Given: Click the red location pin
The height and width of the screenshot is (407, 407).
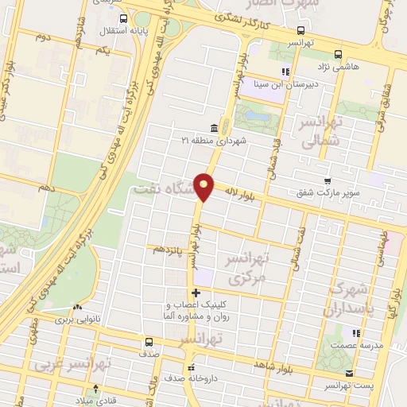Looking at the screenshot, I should [204, 187].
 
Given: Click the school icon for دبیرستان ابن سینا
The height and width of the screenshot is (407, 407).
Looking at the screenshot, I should [285, 72].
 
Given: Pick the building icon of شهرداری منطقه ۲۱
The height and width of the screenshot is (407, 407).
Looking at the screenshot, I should [213, 128].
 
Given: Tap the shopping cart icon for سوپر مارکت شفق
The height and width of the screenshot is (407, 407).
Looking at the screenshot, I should [328, 181].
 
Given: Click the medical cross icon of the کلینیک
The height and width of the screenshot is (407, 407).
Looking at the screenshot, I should [196, 293].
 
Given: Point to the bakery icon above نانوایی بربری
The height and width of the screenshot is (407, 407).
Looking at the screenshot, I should [77, 308].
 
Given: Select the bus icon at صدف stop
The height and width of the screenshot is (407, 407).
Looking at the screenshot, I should [149, 343].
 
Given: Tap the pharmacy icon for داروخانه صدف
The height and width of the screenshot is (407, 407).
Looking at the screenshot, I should [191, 367].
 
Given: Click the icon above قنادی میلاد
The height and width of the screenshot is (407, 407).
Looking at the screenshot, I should [96, 388].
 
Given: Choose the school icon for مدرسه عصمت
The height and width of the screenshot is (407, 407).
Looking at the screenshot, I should [357, 332].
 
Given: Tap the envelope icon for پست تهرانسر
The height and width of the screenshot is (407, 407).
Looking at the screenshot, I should [349, 374].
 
